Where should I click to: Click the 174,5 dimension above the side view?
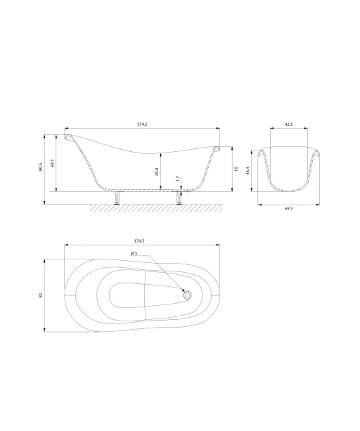[142, 124]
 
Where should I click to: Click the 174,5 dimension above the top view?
[139, 241]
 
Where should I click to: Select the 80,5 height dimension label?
[41, 167]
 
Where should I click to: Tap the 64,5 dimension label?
[53, 162]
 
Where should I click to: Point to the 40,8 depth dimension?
[157, 172]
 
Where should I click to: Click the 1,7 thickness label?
[177, 179]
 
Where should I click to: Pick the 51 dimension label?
[236, 169]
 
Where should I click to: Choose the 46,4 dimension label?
[247, 171]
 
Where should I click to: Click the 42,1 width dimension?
[288, 124]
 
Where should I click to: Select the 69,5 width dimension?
[288, 209]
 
